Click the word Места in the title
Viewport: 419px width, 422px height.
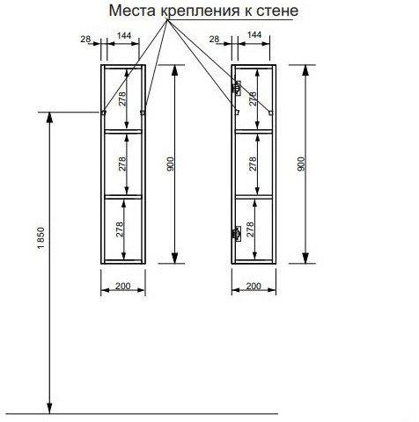(133, 11)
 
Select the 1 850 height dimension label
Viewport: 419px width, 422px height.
(40, 238)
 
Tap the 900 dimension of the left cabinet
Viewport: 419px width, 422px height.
(171, 164)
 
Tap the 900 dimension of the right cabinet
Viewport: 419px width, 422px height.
(301, 164)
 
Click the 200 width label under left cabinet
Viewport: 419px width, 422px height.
(122, 286)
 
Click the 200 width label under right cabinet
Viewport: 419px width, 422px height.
(254, 286)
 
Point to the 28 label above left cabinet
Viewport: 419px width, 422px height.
(85, 39)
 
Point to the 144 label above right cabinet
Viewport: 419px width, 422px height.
(254, 34)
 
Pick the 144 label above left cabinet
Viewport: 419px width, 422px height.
(124, 35)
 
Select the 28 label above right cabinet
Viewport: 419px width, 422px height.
(214, 39)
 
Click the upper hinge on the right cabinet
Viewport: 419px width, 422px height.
(237, 88)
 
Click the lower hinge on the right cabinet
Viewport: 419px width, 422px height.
(237, 234)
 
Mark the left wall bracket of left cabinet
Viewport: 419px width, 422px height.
(103, 113)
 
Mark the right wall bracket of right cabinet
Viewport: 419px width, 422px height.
(271, 113)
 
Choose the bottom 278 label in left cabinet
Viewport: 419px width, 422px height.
(121, 229)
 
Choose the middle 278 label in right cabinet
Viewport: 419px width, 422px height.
(253, 164)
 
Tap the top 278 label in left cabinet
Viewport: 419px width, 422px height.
(122, 98)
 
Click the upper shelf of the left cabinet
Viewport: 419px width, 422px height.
(123, 132)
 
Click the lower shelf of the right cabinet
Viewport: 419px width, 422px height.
(254, 197)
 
